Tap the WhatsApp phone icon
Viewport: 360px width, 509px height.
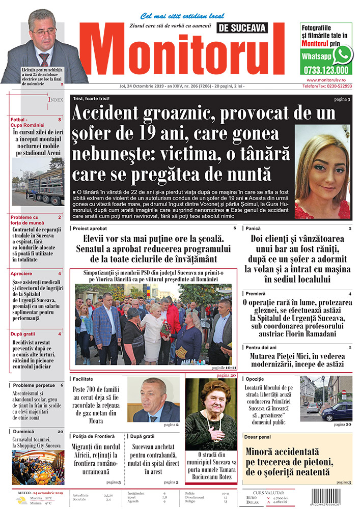[x=343, y=54]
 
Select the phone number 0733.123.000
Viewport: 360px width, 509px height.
[x=325, y=71]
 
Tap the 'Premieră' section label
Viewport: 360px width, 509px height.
[x=256, y=294]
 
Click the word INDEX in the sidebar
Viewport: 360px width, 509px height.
[x=56, y=100]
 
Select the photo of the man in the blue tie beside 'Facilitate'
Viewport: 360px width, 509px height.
[x=153, y=399]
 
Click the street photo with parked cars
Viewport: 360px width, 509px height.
[x=326, y=398]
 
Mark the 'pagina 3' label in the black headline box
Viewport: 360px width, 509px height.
[x=342, y=99]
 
